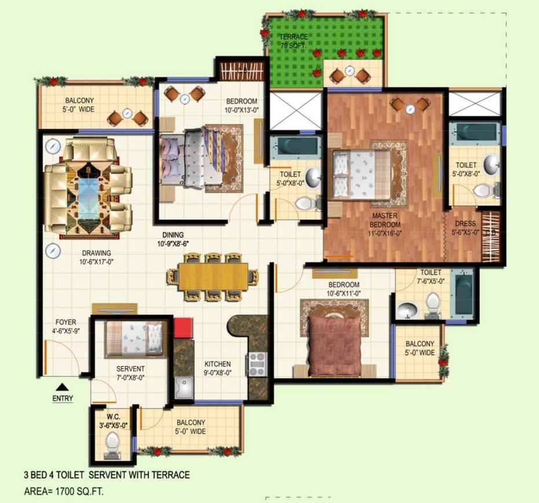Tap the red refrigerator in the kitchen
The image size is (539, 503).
coord(183,327)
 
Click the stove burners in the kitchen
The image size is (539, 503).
coord(256,364)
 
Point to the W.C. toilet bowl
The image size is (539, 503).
coord(111,444)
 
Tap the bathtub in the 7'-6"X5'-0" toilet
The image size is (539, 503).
coord(463,295)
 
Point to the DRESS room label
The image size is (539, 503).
coord(465,228)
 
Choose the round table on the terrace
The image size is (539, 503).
coord(349,71)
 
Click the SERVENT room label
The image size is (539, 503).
coord(130,373)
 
